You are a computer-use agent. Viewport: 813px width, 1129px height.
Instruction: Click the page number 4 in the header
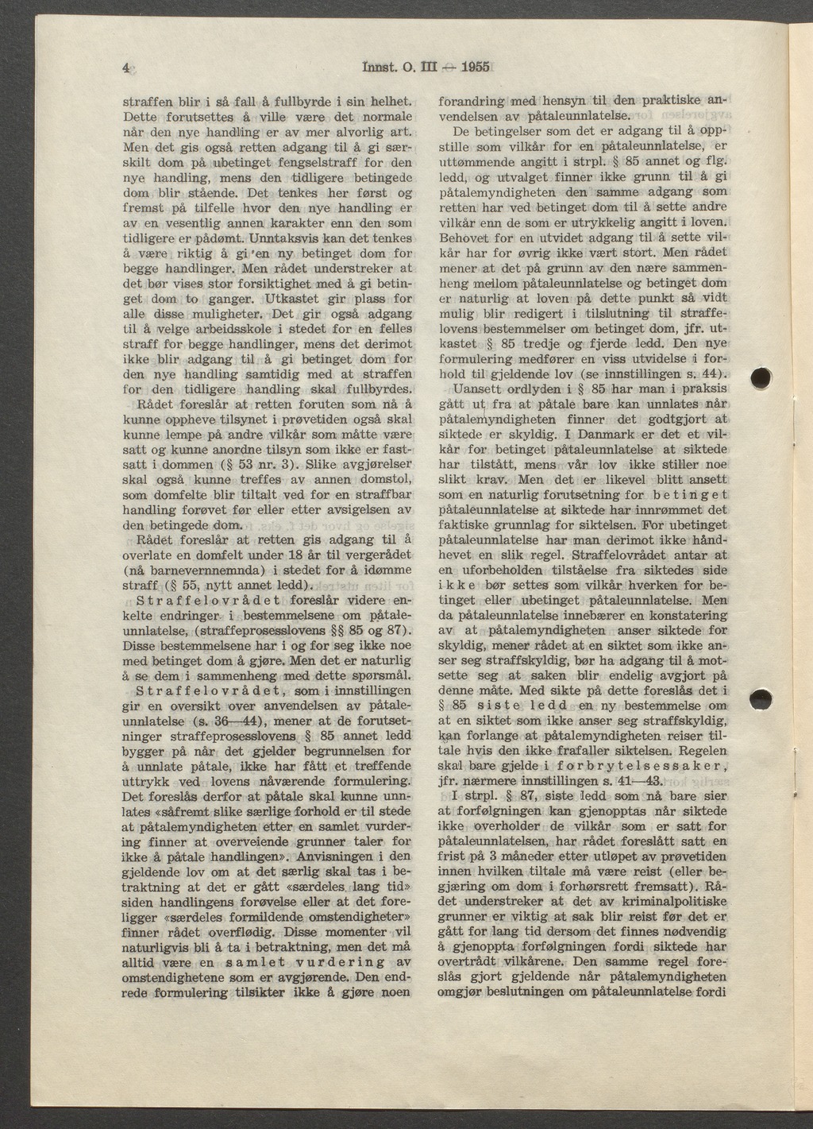(x=126, y=68)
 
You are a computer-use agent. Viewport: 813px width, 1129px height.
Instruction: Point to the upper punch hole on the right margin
(x=762, y=377)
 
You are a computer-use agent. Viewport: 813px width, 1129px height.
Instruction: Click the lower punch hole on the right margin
(x=761, y=702)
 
